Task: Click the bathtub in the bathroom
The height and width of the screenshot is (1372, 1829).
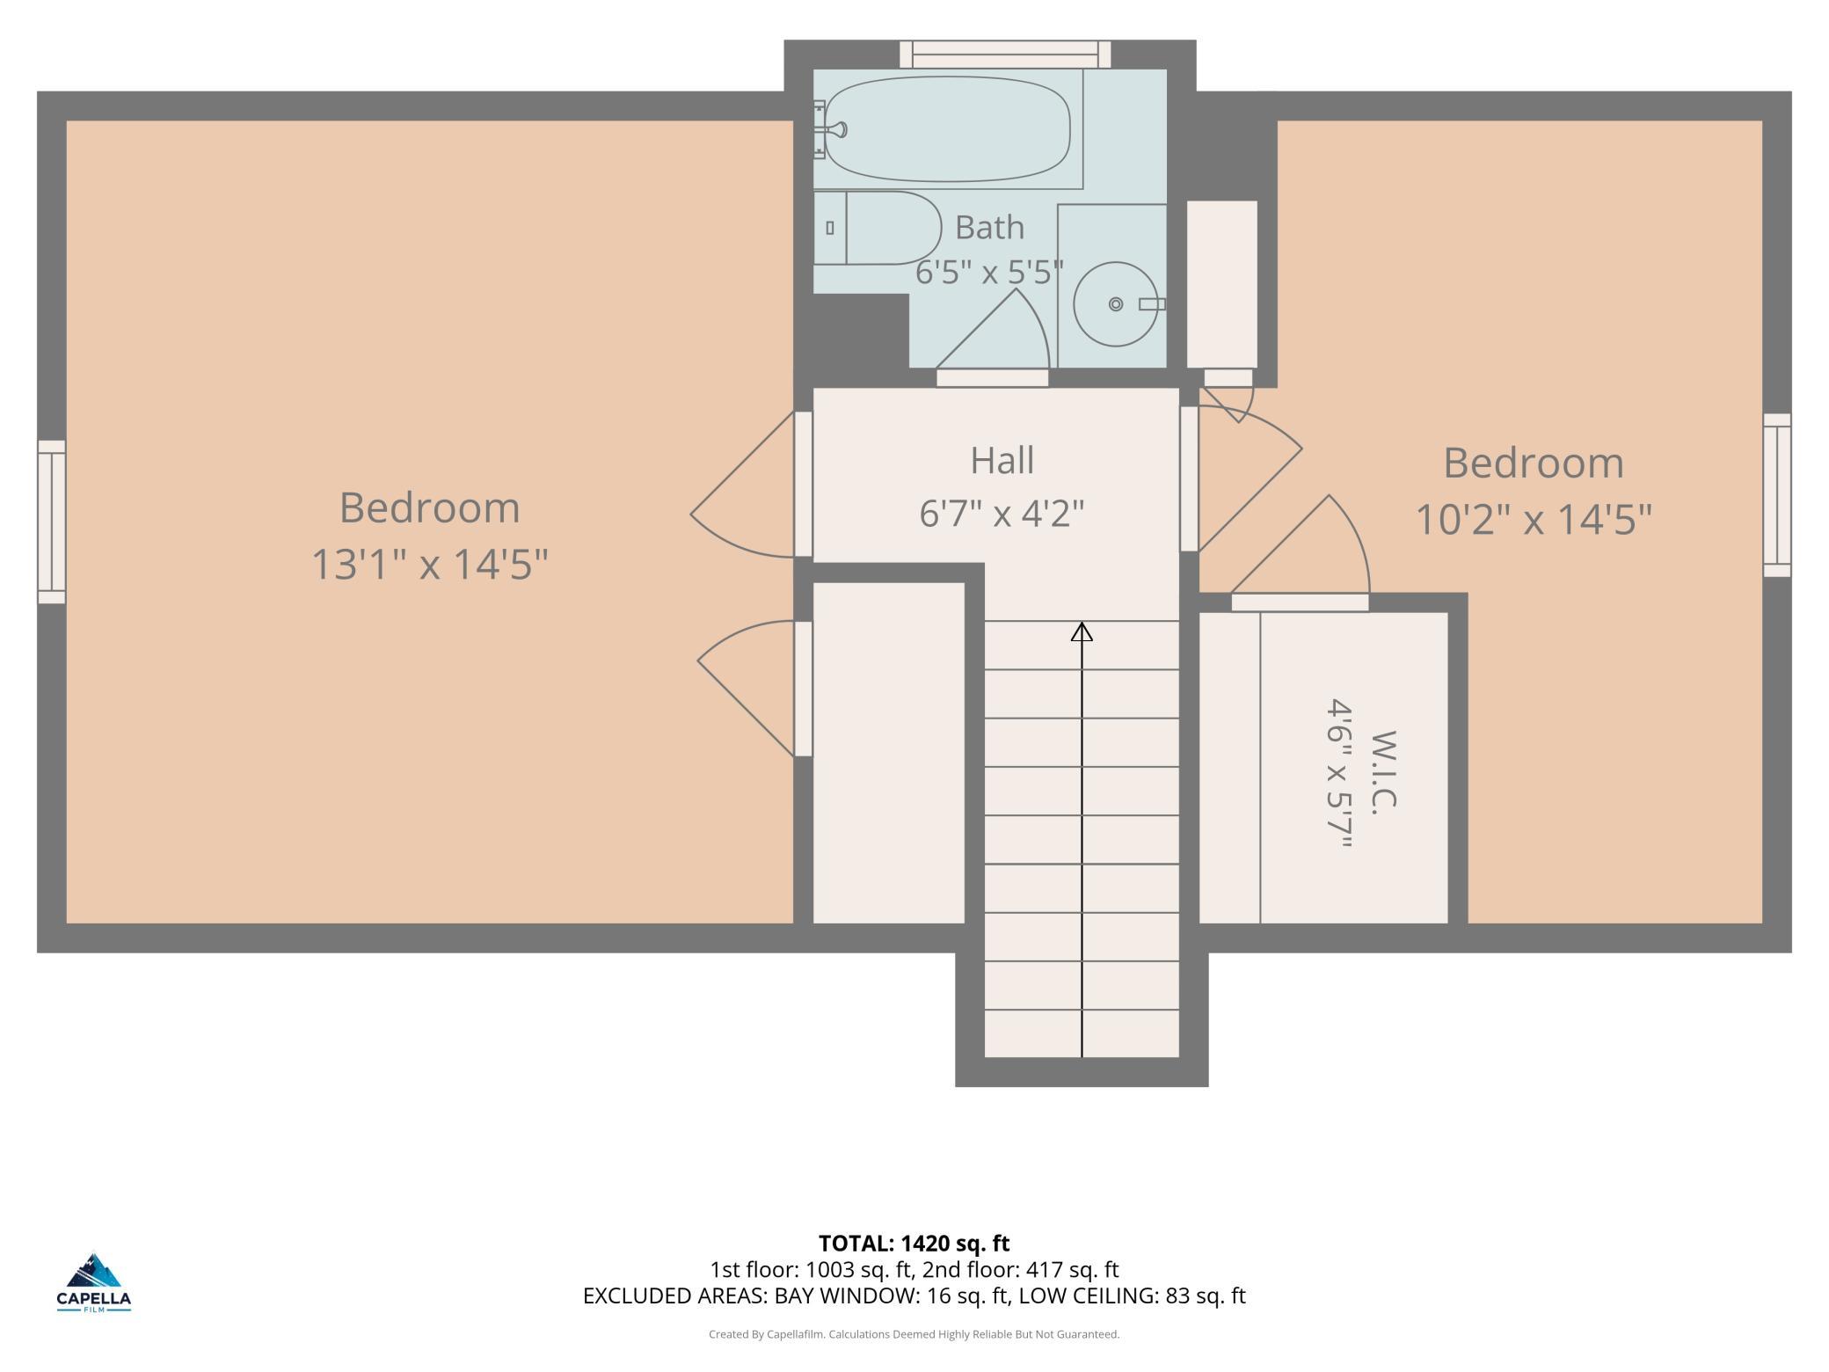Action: point(948,128)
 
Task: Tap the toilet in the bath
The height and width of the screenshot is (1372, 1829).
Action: point(877,228)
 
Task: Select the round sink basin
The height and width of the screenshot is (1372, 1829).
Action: point(1116,304)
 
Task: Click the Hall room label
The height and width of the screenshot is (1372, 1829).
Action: point(1002,460)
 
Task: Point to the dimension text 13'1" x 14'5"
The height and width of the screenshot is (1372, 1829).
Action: point(430,564)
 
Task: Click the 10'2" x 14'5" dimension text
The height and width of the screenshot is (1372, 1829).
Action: point(1534,519)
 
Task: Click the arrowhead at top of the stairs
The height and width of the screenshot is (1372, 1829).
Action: point(1082,631)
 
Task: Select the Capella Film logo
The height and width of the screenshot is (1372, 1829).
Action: point(94,1281)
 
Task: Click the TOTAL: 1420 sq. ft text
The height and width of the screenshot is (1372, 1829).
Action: point(914,1243)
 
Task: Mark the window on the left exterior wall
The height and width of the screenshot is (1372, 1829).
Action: point(51,522)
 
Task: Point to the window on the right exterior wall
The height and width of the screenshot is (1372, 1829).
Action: point(1777,495)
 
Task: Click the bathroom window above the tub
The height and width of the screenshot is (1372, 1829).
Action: point(1005,55)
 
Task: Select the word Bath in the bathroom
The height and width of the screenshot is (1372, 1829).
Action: point(989,227)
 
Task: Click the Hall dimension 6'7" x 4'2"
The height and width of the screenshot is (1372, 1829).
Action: point(1002,513)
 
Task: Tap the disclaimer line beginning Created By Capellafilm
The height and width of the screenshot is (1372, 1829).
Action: point(914,1334)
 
